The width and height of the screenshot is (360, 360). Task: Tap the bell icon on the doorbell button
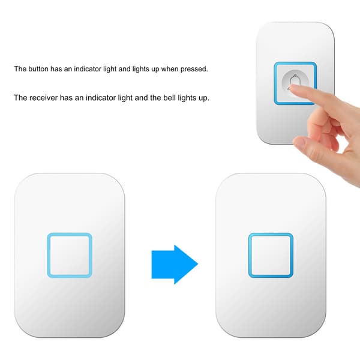tap(294, 82)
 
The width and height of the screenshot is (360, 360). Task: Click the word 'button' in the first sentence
tap(38, 68)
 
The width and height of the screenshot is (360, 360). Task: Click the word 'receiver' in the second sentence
tap(44, 98)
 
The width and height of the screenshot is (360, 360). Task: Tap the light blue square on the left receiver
tap(70, 256)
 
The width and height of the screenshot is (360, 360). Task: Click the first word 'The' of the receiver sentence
tap(20, 98)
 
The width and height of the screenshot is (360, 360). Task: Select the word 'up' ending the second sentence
tap(203, 99)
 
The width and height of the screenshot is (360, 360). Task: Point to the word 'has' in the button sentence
tap(56, 68)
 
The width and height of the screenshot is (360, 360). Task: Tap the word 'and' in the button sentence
tap(124, 68)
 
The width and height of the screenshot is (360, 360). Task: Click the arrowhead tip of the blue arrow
tap(198, 264)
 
